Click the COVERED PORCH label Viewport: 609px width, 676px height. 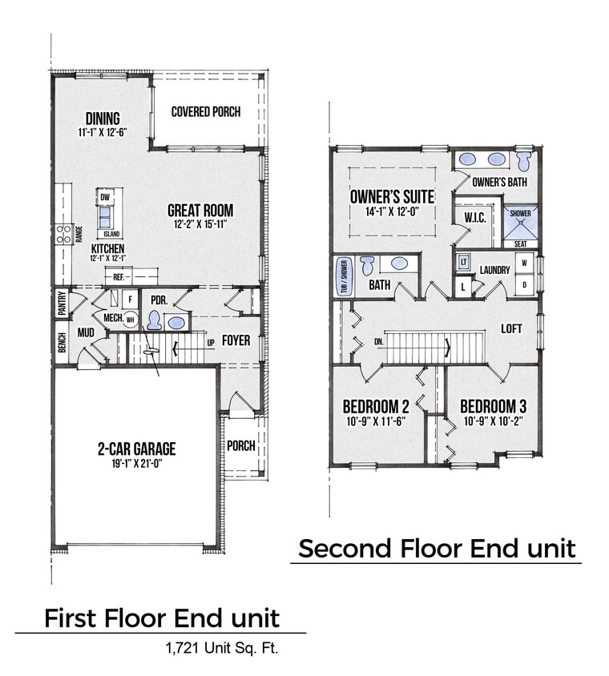point(206,112)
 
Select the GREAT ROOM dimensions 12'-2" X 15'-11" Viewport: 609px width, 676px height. point(200,225)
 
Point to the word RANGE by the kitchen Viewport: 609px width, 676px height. point(79,233)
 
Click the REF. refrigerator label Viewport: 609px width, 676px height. point(119,276)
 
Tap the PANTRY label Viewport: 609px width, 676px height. point(61,304)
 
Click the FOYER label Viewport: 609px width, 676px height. point(236,340)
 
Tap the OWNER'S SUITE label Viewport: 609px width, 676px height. point(393,196)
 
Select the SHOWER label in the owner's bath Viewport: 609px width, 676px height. point(520,213)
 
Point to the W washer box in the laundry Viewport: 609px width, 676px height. point(525,261)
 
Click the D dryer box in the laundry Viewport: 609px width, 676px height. point(525,284)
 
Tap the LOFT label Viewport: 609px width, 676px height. point(512,328)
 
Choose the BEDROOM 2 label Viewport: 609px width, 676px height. point(376,404)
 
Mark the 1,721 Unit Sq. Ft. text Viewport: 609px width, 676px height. point(220,648)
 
